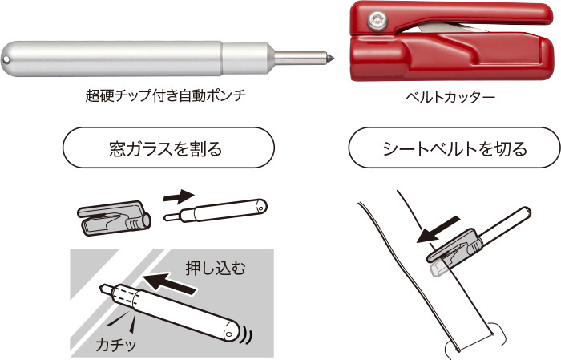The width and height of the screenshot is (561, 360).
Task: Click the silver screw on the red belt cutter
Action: (377, 19)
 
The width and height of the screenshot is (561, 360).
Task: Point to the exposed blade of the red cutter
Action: (454, 28)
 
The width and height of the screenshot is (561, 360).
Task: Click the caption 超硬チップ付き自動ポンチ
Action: (166, 96)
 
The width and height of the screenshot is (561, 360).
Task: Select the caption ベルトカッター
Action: (450, 97)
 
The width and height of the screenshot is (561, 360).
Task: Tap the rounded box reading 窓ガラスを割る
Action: (169, 148)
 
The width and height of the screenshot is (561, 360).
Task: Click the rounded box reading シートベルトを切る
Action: (454, 148)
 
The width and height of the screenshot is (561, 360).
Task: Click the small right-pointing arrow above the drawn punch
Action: (179, 196)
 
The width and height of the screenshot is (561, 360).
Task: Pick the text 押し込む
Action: (216, 268)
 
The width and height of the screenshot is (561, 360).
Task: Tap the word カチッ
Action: (116, 345)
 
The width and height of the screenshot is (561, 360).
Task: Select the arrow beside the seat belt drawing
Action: (438, 230)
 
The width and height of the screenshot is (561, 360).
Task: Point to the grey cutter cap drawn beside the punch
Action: (114, 218)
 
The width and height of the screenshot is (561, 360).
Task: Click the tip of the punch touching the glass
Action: (103, 288)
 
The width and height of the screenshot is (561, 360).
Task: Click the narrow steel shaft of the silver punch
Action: (300, 58)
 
